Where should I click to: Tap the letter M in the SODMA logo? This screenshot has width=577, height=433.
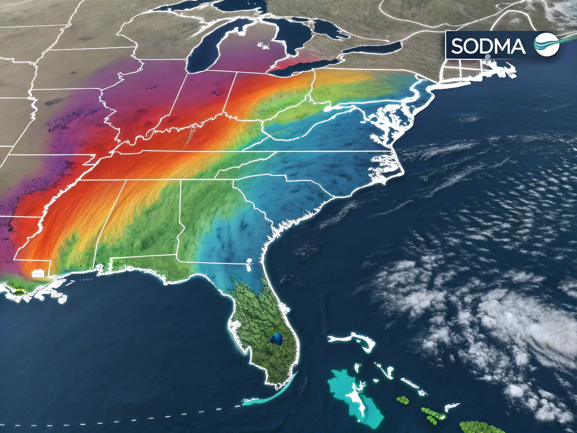click(x=500, y=46)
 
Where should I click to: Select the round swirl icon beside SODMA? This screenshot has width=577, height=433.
click(x=546, y=45)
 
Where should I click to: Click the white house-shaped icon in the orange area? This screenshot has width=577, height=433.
click(x=38, y=272)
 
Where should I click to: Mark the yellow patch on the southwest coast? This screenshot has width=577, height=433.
click(x=19, y=290)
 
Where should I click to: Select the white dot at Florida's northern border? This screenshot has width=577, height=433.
click(x=249, y=261)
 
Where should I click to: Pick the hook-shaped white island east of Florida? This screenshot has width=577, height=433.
click(x=353, y=340)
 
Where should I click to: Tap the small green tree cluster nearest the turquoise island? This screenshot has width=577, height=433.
click(x=403, y=400)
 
